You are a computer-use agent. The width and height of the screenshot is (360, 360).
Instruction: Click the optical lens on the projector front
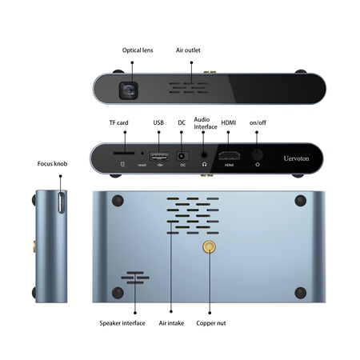129,90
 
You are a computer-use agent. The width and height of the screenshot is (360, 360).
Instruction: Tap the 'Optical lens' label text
138,50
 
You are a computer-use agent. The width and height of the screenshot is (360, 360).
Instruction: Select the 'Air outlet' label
188,50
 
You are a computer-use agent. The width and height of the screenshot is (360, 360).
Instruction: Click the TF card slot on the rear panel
124,153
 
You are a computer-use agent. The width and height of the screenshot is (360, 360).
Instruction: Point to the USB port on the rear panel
159,157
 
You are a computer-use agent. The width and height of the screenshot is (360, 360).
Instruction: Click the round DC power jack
182,156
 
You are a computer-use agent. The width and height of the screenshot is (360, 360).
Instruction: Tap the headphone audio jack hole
204,155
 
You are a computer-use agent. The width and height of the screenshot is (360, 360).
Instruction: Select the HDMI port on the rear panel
229,155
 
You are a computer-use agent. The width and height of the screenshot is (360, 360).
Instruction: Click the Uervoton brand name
296,158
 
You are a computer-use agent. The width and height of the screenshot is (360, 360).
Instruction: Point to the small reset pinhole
142,154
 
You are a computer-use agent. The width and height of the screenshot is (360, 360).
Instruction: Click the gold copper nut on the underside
209,246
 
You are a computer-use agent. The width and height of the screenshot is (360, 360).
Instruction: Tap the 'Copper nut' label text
211,323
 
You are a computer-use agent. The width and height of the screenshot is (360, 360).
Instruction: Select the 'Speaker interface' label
122,323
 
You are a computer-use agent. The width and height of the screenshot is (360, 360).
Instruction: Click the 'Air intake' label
171,323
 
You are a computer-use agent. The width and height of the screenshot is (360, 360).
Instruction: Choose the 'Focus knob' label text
52,164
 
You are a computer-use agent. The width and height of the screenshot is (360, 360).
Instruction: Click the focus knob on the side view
61,202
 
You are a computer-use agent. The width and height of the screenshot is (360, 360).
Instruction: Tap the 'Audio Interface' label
206,123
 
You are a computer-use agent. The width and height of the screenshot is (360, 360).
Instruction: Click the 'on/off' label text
258,122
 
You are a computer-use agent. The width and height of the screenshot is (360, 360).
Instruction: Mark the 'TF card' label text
118,122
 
